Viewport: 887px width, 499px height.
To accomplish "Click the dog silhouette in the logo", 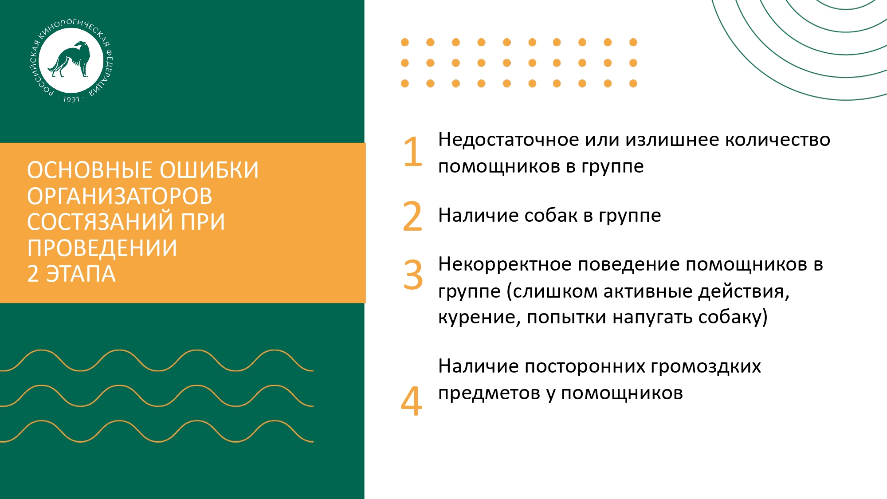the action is tap(70, 59).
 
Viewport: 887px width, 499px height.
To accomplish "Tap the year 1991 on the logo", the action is tap(71, 99).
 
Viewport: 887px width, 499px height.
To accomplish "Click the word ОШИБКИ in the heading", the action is tap(209, 170).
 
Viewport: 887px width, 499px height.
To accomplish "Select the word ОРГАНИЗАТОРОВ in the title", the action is tap(120, 196).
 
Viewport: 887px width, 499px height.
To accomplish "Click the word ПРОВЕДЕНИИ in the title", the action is tap(102, 248).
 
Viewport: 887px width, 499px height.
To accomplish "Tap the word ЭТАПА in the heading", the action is tap(81, 274).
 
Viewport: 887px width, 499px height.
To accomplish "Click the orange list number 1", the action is tap(413, 152).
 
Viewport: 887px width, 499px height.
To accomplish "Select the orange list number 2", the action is tap(412, 216).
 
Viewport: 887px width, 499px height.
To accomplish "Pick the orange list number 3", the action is tap(413, 274).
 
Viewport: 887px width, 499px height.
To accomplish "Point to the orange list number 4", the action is tap(412, 401).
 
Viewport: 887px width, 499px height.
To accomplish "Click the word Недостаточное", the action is tap(508, 140).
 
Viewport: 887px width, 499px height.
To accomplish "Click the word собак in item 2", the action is tap(551, 216).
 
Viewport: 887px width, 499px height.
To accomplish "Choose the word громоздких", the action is tap(706, 367).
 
